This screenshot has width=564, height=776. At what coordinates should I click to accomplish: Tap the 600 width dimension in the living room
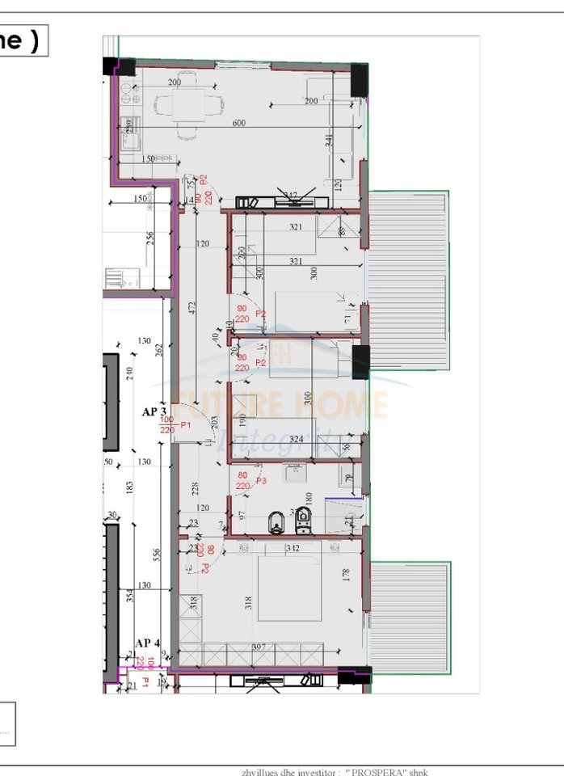coord(238,123)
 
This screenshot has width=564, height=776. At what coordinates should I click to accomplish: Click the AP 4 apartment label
coord(148,643)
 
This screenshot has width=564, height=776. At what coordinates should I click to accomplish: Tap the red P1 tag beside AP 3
coord(185,424)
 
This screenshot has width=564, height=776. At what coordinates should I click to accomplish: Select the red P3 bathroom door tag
coord(261,481)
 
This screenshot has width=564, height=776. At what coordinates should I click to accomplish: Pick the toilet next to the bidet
coord(304,519)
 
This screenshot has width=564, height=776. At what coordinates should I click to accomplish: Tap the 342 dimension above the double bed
coord(293,549)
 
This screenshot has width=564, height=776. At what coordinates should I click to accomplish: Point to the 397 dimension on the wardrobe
coord(259,646)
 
